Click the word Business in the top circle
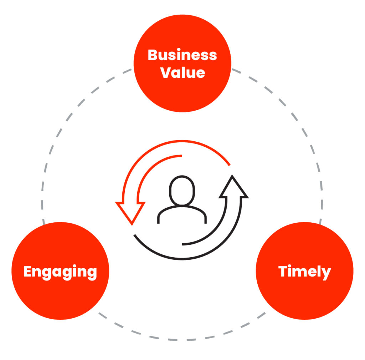click(x=182, y=55)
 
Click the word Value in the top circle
click(x=182, y=72)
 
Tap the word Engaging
click(x=60, y=272)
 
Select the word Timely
click(x=305, y=272)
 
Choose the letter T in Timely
click(x=284, y=272)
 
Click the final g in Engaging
click(x=92, y=274)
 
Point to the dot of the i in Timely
click(x=291, y=266)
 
